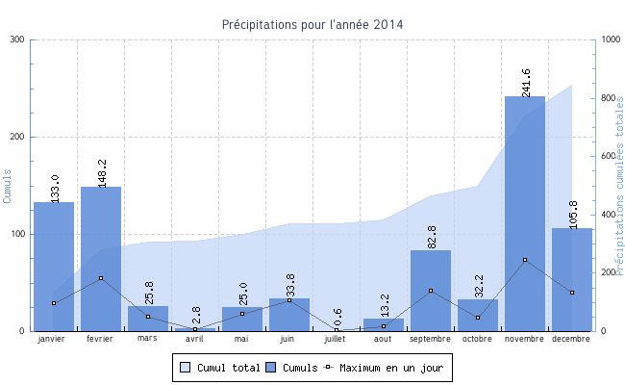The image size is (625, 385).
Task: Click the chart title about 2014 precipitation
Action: [312, 24]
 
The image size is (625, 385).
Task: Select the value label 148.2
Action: [102, 171]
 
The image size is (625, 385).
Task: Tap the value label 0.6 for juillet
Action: [337, 320]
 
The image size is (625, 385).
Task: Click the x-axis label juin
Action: [288, 339]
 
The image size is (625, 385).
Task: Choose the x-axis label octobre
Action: [477, 339]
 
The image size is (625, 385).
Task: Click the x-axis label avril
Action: [194, 339]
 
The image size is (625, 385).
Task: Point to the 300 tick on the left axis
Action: [16, 39]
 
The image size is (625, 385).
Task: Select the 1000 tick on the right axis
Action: [610, 39]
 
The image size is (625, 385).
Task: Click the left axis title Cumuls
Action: [9, 186]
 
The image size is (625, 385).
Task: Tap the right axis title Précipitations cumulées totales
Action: [618, 186]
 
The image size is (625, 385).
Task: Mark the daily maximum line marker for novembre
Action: [525, 260]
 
